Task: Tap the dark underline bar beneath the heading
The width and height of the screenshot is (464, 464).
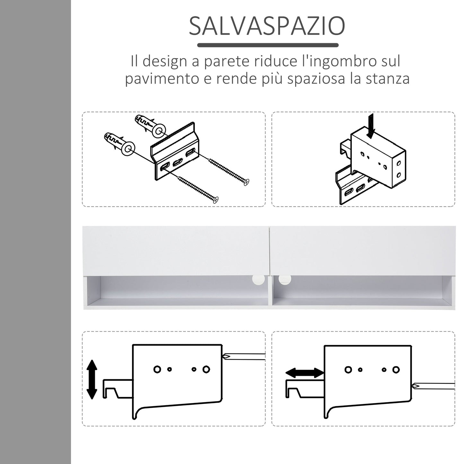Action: click(x=267, y=45)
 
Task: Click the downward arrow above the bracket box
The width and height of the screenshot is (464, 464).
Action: click(x=372, y=126)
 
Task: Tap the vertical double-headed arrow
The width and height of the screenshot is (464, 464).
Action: click(x=92, y=379)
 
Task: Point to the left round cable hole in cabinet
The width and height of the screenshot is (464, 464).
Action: click(x=258, y=279)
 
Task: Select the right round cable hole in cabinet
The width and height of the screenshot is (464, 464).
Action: click(x=284, y=279)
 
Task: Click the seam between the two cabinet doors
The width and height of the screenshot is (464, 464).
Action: click(x=269, y=250)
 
